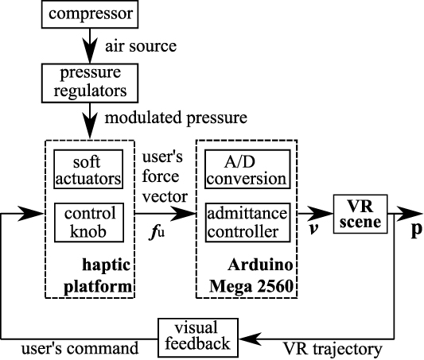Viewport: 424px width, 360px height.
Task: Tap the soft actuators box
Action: tap(89, 169)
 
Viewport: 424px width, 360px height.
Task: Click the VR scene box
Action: tap(360, 213)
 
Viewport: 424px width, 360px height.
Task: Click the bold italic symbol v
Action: tap(313, 234)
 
